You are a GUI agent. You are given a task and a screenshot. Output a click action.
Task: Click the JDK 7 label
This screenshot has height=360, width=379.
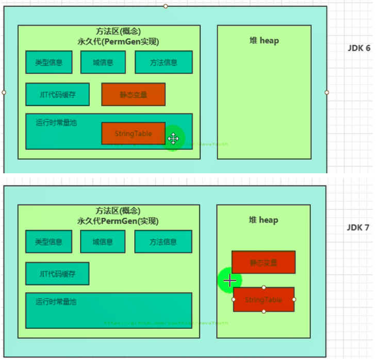click(x=358, y=227)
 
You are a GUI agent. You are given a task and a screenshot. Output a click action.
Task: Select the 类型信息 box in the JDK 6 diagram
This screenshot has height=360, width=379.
click(x=49, y=62)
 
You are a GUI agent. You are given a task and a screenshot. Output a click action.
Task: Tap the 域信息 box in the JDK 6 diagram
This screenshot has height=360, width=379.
click(x=104, y=62)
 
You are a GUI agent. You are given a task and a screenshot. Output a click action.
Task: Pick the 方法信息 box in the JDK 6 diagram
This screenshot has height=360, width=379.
click(x=163, y=62)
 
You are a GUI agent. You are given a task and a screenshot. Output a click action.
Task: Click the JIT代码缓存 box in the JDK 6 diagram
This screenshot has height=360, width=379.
click(x=57, y=94)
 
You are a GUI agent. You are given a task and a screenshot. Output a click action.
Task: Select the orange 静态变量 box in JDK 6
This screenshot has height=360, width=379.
click(x=134, y=94)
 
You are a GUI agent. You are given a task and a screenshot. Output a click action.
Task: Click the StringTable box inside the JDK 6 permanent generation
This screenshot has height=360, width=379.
click(x=133, y=134)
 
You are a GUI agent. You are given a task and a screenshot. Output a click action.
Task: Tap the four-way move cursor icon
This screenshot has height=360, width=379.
click(x=173, y=138)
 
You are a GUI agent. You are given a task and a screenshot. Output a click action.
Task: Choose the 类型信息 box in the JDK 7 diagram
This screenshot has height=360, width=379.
click(x=49, y=241)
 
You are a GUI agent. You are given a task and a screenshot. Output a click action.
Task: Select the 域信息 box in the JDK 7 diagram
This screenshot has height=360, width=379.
click(x=103, y=241)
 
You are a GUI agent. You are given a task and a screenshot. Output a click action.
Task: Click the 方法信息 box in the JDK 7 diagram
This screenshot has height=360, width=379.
click(x=163, y=241)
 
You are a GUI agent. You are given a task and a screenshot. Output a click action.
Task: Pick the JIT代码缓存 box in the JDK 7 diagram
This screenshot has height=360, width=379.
click(x=57, y=273)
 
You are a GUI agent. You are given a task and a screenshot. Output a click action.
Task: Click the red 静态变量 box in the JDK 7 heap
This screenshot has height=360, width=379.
click(x=263, y=263)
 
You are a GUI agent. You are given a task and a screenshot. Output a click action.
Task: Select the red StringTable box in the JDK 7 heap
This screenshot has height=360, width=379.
click(x=263, y=300)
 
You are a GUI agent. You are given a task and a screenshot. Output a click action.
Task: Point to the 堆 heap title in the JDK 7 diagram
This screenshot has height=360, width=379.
click(x=263, y=220)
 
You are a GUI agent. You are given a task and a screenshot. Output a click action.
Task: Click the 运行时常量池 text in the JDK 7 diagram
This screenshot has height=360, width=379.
click(x=56, y=302)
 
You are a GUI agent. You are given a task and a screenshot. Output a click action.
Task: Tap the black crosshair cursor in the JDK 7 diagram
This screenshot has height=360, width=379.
click(x=229, y=281)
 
